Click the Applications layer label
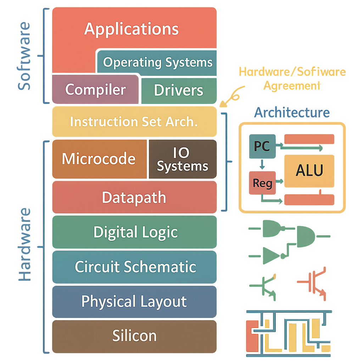132,29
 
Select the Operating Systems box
157,63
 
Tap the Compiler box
95,89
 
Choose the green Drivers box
179,90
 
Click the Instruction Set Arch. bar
134,122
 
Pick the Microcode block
99,159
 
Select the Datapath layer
134,197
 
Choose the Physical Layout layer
134,302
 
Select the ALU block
309,171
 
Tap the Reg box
262,183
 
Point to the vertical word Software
25,56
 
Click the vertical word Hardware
25,245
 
